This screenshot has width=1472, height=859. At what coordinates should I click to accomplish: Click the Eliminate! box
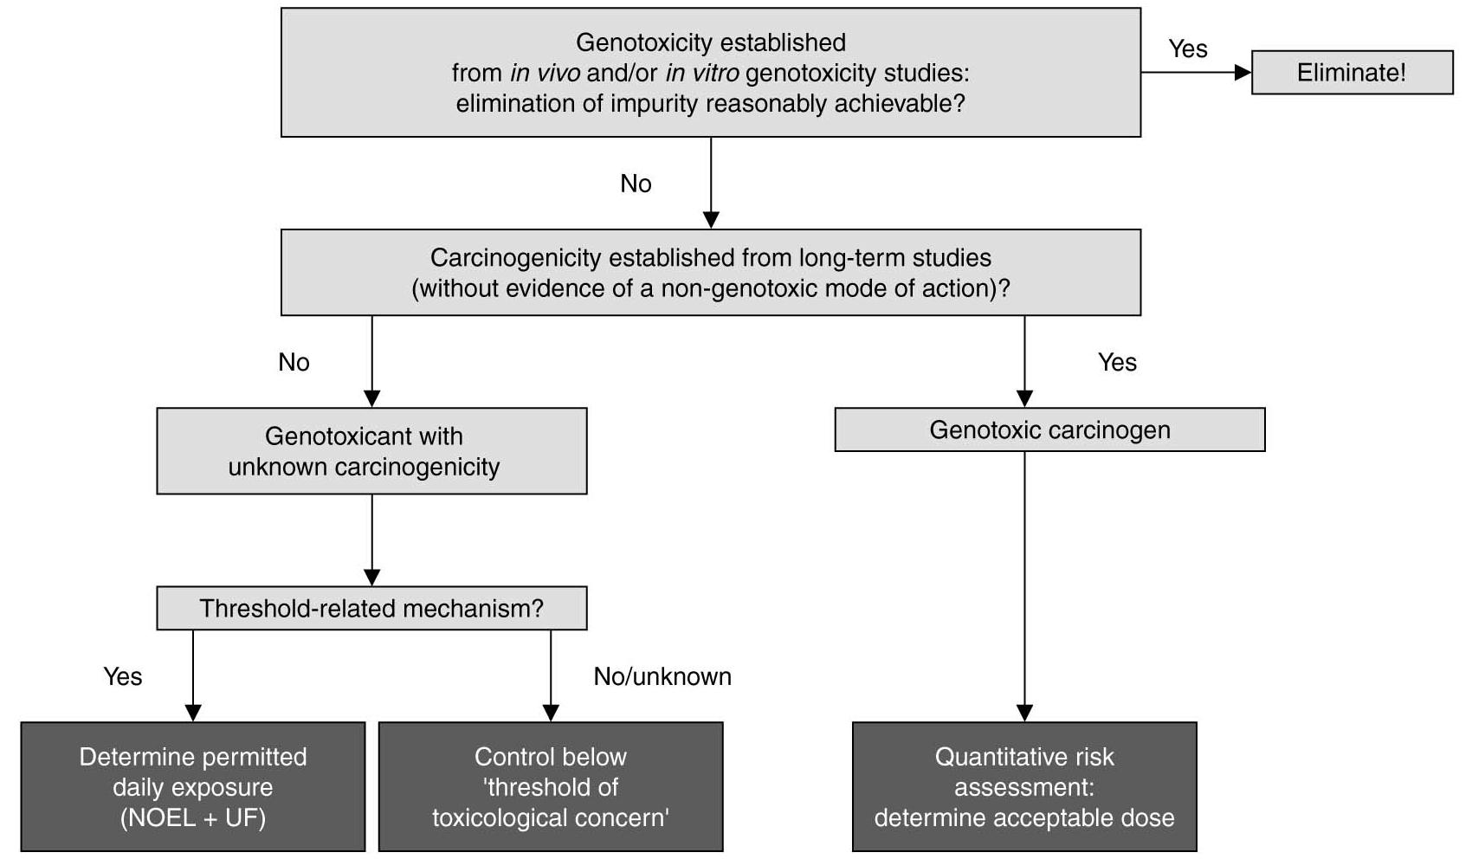(1352, 73)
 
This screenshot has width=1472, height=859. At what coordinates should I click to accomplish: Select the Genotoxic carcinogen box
(1049, 430)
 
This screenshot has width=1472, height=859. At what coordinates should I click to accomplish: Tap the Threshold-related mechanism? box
(371, 609)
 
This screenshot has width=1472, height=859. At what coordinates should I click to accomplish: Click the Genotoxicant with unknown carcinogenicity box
(371, 451)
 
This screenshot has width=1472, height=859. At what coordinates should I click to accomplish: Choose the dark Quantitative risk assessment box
(1024, 787)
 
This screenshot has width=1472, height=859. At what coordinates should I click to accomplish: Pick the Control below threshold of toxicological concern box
(551, 787)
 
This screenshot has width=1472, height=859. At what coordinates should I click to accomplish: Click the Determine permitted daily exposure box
(193, 787)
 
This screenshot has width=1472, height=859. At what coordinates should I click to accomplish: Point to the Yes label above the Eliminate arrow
(1187, 49)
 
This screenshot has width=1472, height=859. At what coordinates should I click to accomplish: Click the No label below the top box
(636, 184)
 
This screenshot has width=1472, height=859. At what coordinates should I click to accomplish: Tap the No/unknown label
(662, 677)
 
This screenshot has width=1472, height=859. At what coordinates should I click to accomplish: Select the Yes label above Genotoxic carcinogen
(1117, 363)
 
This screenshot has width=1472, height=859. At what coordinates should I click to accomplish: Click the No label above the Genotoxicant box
(294, 363)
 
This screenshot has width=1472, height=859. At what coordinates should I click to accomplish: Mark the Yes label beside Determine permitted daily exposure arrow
(122, 677)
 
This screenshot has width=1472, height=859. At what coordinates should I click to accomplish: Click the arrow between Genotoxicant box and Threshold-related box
(371, 539)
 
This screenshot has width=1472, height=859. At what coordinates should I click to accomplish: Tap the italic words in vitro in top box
(701, 74)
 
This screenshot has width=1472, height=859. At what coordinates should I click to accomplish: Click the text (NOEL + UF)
(193, 818)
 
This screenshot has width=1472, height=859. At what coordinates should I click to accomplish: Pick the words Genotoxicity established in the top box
(710, 42)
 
